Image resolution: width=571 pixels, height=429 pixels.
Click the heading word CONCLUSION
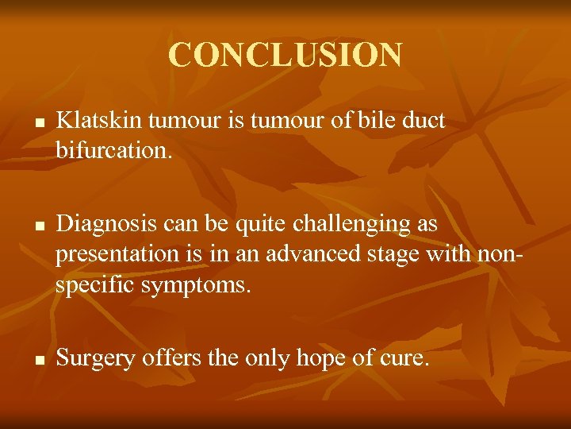[285, 55]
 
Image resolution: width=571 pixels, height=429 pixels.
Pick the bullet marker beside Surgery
[38, 360]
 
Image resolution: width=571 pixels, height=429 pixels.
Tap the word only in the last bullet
[270, 358]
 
